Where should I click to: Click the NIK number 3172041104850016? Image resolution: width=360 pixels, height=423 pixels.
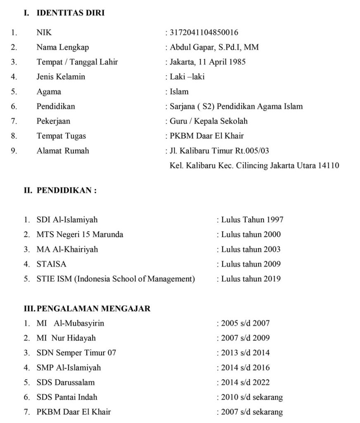[204, 33]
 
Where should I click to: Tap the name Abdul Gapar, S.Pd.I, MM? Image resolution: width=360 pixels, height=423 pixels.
[214, 48]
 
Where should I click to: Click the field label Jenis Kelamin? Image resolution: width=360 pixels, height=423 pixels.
[61, 77]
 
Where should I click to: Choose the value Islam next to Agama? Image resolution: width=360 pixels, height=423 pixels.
[179, 92]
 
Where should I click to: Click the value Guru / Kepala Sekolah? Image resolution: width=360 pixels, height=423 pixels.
[208, 121]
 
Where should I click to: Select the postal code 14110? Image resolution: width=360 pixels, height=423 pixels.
[329, 166]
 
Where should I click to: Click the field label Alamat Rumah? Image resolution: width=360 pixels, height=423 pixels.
[63, 151]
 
